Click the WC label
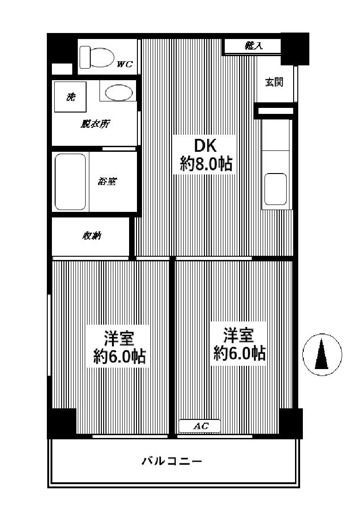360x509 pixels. (x=124, y=64)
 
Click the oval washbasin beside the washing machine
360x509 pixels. (x=117, y=95)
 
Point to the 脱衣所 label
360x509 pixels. (x=94, y=124)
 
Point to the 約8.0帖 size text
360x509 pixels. (x=207, y=163)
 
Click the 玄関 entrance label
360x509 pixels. (x=274, y=82)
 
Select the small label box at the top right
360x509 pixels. (x=253, y=45)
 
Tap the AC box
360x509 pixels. (x=200, y=427)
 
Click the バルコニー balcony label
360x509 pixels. (x=172, y=462)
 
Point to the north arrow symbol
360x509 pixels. (x=321, y=354)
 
